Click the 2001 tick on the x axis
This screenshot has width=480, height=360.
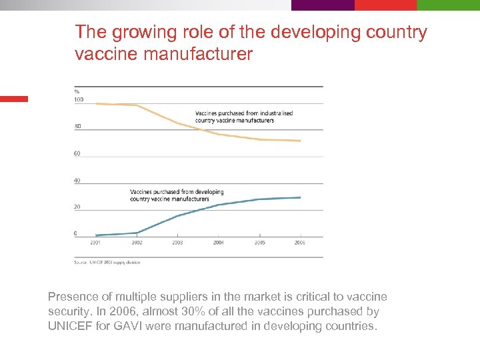(95, 243)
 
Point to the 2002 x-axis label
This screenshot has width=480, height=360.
(137, 243)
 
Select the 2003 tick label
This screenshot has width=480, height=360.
(177, 243)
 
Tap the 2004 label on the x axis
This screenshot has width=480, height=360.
(219, 243)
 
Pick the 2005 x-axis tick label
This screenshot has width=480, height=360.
(259, 243)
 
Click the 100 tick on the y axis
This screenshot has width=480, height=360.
(79, 100)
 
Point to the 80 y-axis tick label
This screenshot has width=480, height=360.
(77, 127)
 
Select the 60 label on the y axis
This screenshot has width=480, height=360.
(77, 153)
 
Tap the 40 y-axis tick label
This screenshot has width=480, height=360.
(77, 181)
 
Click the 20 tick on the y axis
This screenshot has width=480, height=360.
(77, 207)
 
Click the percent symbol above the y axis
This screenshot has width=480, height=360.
(77, 91)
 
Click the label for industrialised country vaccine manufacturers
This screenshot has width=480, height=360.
(243, 117)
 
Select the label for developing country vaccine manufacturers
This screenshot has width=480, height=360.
(177, 195)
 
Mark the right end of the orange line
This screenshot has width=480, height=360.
(301, 141)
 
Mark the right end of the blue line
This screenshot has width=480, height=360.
(301, 197)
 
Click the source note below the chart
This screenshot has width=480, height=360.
(107, 262)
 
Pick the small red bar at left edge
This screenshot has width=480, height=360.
(14, 99)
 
